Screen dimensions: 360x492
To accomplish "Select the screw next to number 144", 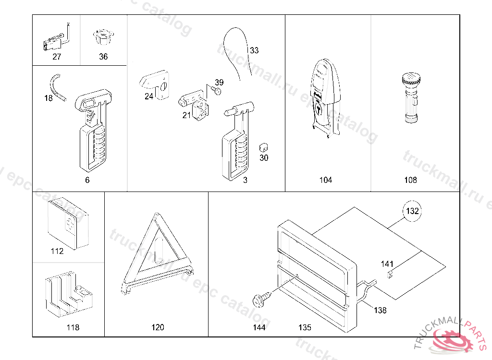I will pyautogui.click(x=259, y=300).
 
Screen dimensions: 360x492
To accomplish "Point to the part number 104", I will pyautogui.click(x=325, y=180).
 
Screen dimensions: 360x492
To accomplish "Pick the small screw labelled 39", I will pyautogui.click(x=218, y=91).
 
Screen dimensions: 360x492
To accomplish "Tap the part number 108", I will pyautogui.click(x=410, y=180).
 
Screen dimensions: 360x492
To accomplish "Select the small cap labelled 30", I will pyautogui.click(x=263, y=146).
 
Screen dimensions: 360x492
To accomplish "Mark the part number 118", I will pyautogui.click(x=73, y=327).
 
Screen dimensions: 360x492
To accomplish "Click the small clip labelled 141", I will pyautogui.click(x=390, y=274).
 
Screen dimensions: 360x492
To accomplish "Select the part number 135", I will pyautogui.click(x=305, y=327).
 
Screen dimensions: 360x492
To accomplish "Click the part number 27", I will pyautogui.click(x=57, y=57).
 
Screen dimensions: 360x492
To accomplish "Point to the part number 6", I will pyautogui.click(x=87, y=180).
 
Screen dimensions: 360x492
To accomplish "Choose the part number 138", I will pyautogui.click(x=380, y=310).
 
